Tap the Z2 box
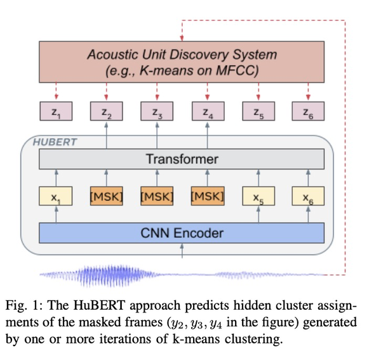click(106, 112)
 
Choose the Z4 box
click(208, 112)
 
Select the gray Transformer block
click(182, 159)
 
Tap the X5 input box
click(258, 197)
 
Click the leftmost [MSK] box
click(106, 197)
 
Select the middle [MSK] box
click(157, 197)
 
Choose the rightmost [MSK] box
click(208, 197)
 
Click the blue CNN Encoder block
click(182, 233)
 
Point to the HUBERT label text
click(55, 142)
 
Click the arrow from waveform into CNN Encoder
click(182, 252)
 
